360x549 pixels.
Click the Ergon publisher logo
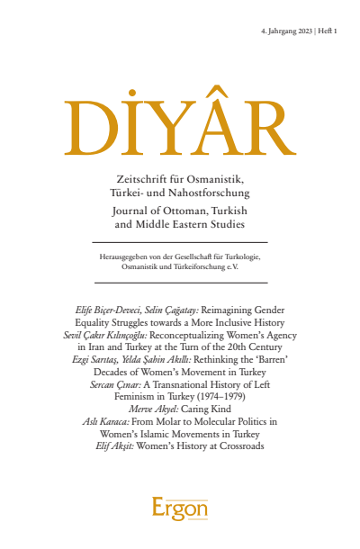[179, 509]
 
